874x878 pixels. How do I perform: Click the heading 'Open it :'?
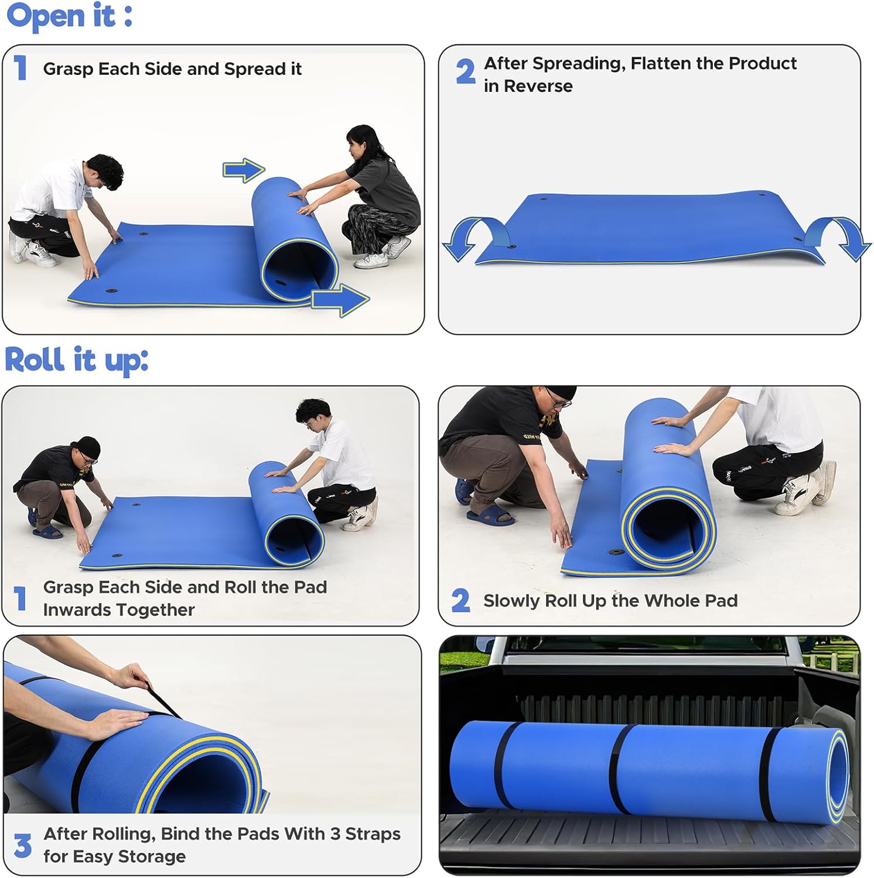69,16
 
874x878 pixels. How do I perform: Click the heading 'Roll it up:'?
76,359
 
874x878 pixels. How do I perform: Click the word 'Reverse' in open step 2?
538,86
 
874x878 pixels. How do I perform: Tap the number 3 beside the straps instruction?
22,846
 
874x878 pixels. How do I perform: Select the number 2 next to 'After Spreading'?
465,73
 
